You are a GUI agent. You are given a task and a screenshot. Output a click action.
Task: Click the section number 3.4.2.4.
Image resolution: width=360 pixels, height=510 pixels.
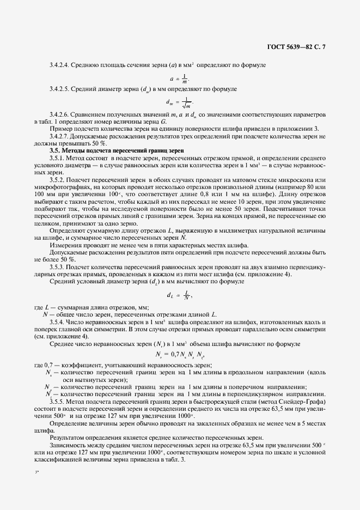click(59, 65)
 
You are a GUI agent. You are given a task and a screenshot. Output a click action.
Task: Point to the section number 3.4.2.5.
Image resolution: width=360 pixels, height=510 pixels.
click(59, 89)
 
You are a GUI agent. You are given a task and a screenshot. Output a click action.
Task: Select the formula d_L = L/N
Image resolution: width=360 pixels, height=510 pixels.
click(179, 295)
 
